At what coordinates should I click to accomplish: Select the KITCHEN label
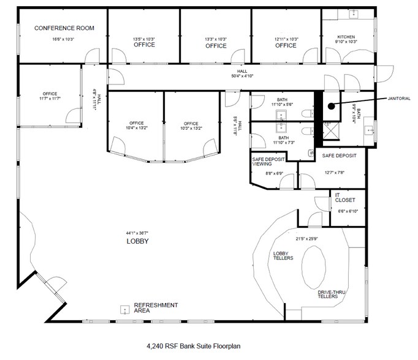(x=346, y=37)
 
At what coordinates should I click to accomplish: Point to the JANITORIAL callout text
(x=399, y=97)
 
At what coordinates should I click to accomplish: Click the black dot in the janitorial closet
(x=330, y=105)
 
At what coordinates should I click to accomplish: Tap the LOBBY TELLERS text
(x=283, y=255)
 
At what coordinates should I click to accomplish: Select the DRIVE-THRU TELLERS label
(x=332, y=295)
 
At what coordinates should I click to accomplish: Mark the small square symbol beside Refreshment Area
(x=125, y=309)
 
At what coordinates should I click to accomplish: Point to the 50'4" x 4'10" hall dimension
(x=239, y=76)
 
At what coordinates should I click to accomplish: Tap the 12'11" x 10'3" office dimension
(x=286, y=39)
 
